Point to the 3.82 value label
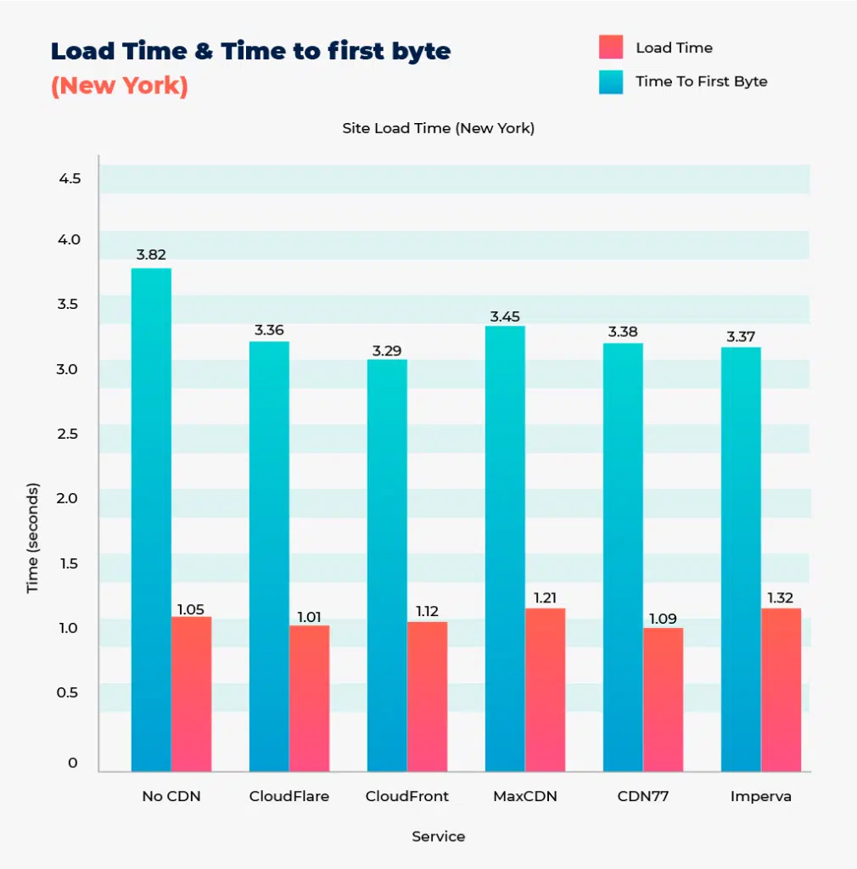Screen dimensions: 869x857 151,255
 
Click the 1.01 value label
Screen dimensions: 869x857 309,617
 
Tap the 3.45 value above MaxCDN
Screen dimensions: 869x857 505,317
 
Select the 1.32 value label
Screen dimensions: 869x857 781,598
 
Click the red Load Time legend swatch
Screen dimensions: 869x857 611,48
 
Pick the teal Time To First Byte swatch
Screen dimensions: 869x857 611,81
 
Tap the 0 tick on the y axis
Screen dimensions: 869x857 73,763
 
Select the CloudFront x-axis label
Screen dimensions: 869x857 406,797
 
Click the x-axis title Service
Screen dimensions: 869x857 438,837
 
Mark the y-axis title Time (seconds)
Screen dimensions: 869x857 33,538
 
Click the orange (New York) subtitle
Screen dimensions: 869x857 119,87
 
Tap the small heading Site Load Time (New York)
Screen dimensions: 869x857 438,129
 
